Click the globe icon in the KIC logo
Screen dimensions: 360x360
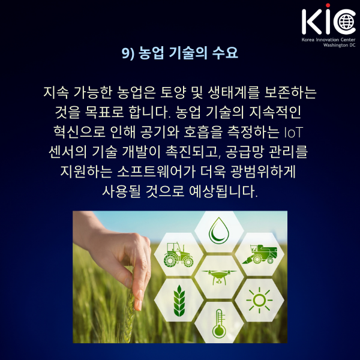[x=347, y=22]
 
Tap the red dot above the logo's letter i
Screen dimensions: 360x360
[x=328, y=5]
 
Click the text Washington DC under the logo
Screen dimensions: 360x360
[x=339, y=45]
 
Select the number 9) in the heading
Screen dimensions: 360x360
[x=128, y=53]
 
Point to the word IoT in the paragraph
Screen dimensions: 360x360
[x=293, y=133]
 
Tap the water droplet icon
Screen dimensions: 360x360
[x=219, y=231]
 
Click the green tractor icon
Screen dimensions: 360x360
[x=178, y=254]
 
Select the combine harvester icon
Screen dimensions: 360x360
[x=259, y=254]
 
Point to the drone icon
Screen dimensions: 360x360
[x=219, y=277]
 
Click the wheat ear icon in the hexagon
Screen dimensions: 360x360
[x=179, y=301]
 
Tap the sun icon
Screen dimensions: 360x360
[x=259, y=300]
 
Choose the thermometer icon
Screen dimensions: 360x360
[x=219, y=323]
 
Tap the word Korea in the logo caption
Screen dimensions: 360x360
[x=308, y=40]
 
